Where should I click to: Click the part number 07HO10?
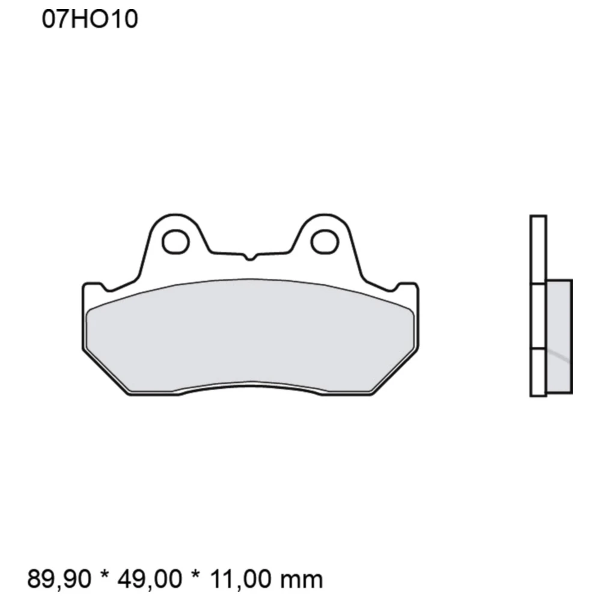(90, 20)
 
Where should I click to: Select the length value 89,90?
(59, 579)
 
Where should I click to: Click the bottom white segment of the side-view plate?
(538, 373)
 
